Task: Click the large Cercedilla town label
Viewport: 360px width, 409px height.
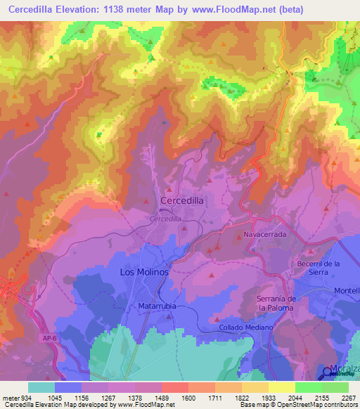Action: (x=182, y=200)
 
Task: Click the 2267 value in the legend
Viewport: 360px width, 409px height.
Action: (x=347, y=398)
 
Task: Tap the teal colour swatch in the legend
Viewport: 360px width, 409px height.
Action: (x=41, y=387)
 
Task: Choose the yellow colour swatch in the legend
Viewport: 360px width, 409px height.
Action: (x=281, y=387)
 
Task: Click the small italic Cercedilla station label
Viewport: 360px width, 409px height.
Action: (x=165, y=219)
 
